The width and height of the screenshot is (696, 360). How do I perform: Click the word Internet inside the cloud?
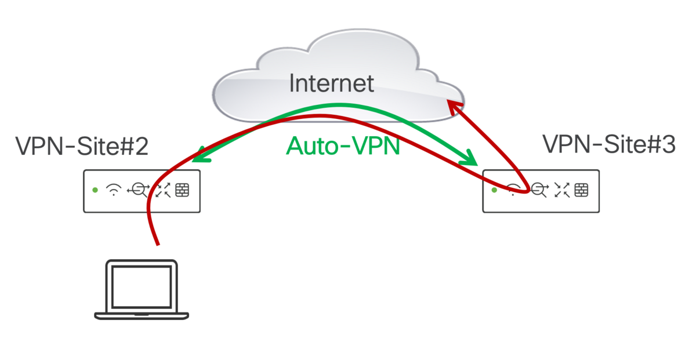(331, 83)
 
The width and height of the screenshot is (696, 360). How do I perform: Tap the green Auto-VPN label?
(343, 146)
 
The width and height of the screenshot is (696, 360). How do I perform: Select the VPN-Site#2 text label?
(82, 147)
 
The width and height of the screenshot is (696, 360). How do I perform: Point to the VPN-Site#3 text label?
(609, 144)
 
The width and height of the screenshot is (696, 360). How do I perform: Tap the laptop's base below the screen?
(142, 316)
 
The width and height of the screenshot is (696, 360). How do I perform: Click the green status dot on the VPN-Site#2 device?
(95, 190)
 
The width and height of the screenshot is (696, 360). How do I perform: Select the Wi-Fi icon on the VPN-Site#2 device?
(114, 190)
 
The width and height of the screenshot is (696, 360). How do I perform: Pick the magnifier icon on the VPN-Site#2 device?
(139, 190)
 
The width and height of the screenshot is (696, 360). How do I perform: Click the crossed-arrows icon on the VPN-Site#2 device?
(163, 190)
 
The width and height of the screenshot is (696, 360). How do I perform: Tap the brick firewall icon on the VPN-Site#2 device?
(183, 190)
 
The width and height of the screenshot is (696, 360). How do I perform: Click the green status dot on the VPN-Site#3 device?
(494, 190)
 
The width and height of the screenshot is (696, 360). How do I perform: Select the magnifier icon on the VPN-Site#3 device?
(539, 190)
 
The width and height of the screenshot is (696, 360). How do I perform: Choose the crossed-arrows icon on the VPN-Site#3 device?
(561, 190)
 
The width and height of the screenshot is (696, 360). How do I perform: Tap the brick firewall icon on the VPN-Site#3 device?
(581, 190)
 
